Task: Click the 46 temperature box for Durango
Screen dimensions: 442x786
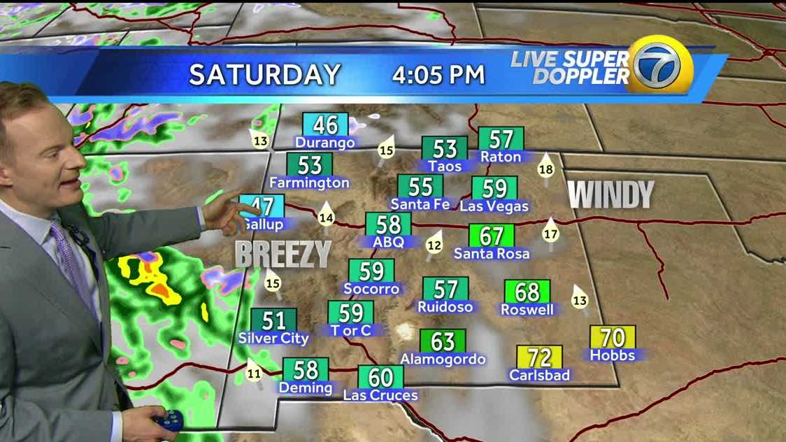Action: [x=325, y=124]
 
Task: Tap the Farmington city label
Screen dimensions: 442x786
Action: [x=309, y=183]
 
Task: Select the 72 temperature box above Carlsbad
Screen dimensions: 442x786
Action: [x=539, y=357]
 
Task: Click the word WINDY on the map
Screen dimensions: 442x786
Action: [x=610, y=195]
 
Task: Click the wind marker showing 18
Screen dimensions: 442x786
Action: [x=546, y=168]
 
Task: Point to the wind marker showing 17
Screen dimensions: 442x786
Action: [x=550, y=233]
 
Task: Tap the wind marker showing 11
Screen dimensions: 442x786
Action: [x=254, y=373]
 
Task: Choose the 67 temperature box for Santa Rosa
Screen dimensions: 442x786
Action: [x=491, y=236]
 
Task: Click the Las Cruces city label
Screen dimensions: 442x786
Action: [x=380, y=395]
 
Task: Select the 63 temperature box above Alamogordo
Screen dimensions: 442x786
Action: [x=443, y=341]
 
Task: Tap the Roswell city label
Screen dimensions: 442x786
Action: [x=527, y=309]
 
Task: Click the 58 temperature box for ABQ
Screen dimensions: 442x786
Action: [x=388, y=224]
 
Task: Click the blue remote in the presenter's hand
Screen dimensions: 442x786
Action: [x=169, y=420]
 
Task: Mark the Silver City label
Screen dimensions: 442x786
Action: [x=273, y=338]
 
